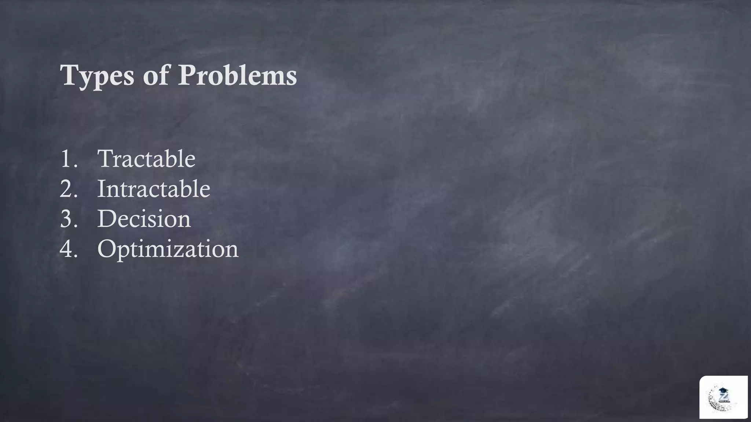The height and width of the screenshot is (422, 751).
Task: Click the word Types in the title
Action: (x=97, y=76)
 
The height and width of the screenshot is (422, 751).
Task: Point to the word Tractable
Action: (x=146, y=159)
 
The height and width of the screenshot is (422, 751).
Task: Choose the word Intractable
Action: (x=153, y=189)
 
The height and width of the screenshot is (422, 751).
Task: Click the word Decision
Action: (x=144, y=219)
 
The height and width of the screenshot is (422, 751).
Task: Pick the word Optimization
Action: (x=168, y=249)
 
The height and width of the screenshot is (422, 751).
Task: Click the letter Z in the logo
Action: (x=724, y=397)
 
